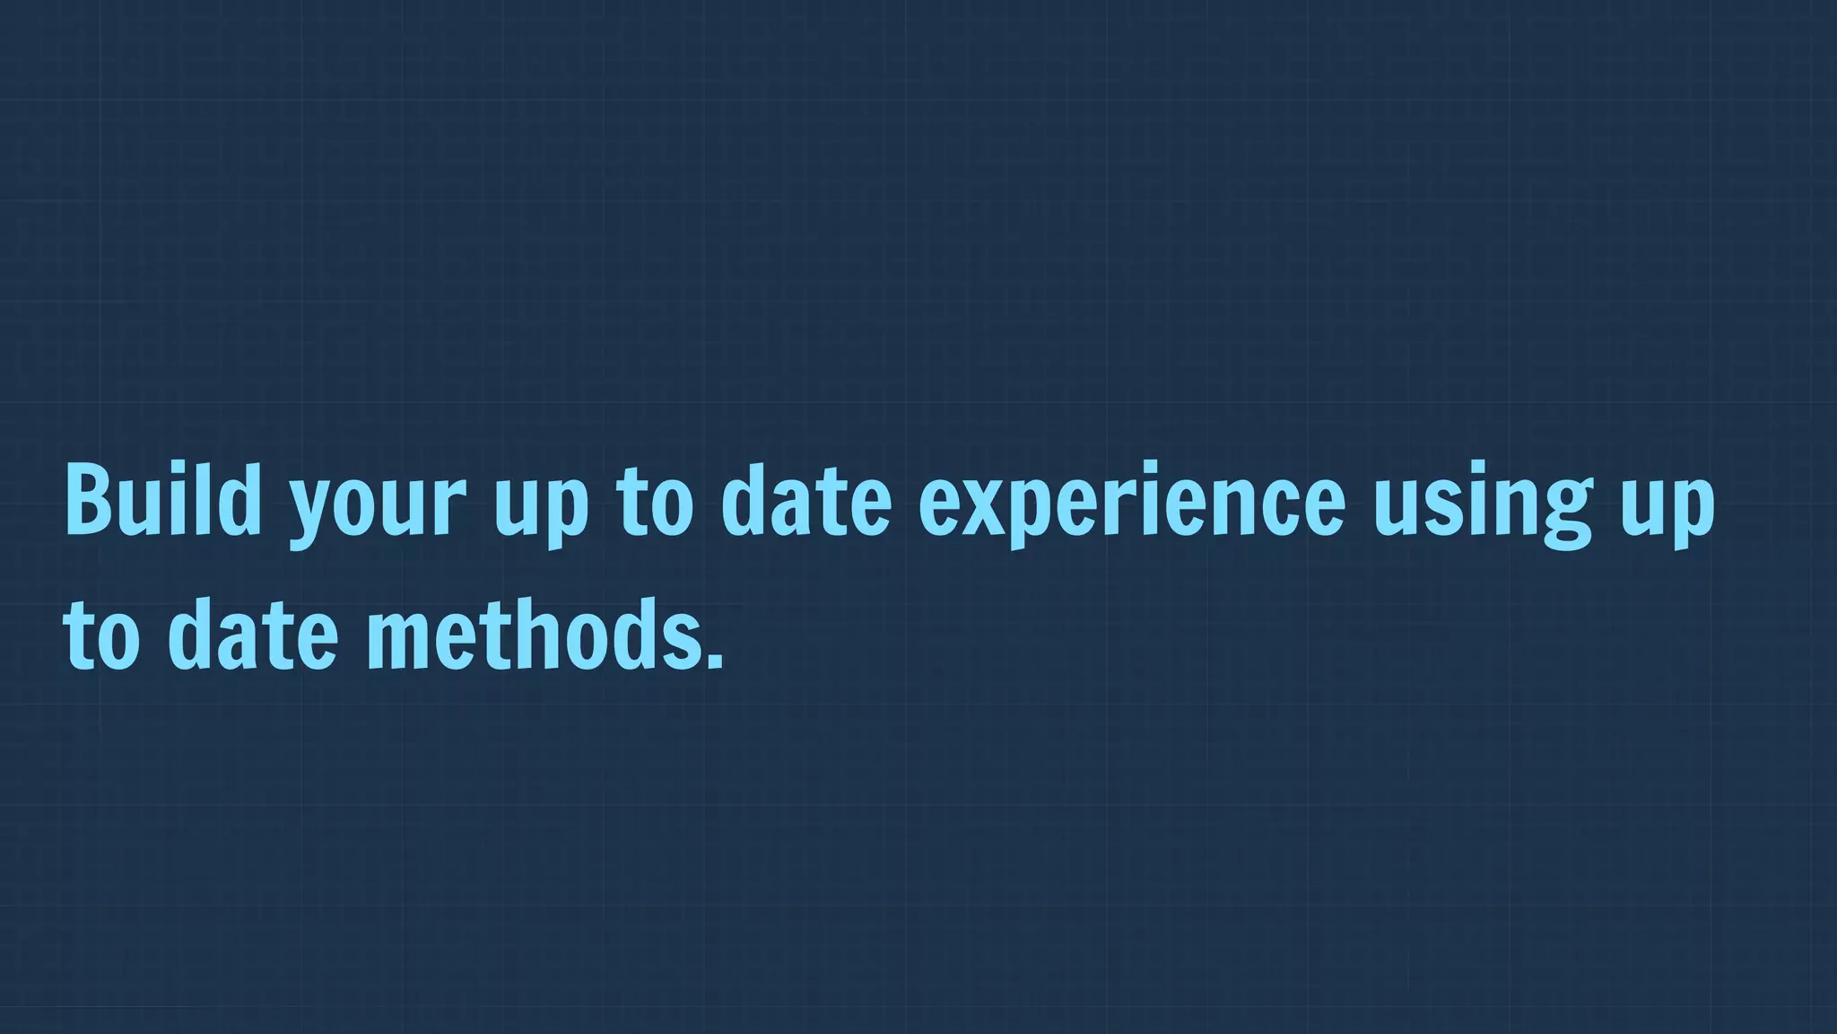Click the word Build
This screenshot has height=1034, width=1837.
click(x=162, y=499)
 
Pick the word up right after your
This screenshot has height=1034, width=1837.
click(x=541, y=506)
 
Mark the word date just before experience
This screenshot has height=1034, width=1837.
click(x=805, y=499)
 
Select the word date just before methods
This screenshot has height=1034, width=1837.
click(x=252, y=635)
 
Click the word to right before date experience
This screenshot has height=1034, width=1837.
click(x=655, y=501)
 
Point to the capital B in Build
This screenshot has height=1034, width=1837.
click(x=88, y=499)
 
